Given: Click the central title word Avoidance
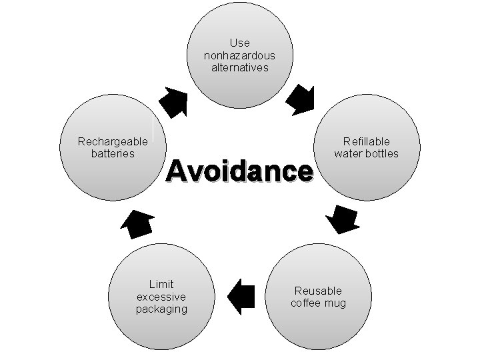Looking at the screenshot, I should tap(239, 171).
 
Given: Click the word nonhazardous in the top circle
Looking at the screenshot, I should tap(239, 55).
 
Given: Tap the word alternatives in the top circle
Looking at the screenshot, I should tap(239, 67).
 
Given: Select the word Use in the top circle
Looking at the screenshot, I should tap(239, 43).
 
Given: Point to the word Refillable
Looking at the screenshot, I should tap(367, 141).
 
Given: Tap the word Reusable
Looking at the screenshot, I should tap(318, 291).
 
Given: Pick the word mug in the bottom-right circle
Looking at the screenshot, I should tap(336, 303).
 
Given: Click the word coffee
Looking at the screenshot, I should tap(307, 303).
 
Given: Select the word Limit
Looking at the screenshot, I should tap(161, 285).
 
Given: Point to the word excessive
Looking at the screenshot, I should tap(161, 297).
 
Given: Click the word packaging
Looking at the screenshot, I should tap(161, 309).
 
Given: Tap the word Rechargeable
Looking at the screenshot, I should tap(113, 141).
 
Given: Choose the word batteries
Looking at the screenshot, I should tap(113, 153).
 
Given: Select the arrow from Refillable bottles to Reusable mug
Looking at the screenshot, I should tap(343, 219).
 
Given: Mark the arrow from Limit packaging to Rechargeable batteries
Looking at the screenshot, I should tap(139, 223).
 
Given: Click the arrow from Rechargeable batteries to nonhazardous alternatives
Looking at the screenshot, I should tap(175, 101).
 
